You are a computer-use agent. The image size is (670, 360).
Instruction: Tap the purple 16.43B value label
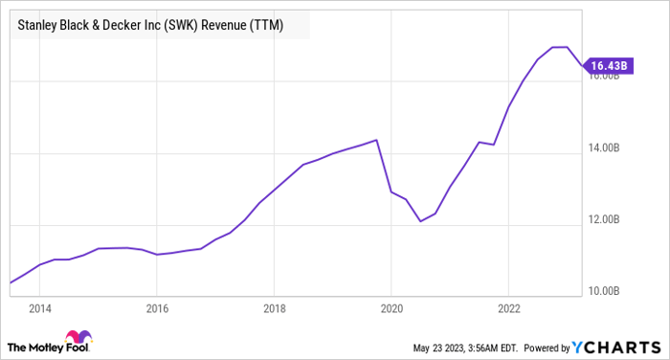(609, 65)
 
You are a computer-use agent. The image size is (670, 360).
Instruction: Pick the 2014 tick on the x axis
(39, 308)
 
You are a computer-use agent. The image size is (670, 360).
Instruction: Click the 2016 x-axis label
(157, 308)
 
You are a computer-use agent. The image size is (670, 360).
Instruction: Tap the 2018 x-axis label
(274, 308)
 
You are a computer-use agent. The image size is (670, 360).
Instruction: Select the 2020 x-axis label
(391, 308)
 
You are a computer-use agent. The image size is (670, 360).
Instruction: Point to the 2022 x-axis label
(508, 308)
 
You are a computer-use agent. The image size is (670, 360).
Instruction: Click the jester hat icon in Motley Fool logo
(76, 339)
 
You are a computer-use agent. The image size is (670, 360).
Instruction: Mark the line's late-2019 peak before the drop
(377, 140)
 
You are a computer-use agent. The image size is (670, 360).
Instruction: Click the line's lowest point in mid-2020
(419, 221)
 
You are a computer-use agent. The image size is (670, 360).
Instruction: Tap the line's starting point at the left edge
(11, 282)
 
